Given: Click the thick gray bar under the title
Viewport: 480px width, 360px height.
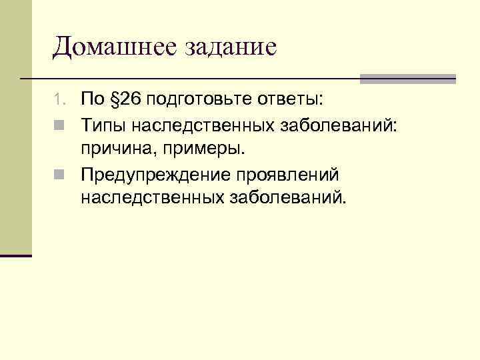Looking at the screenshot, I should pos(407,79).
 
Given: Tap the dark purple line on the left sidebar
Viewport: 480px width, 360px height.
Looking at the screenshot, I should pos(16,255).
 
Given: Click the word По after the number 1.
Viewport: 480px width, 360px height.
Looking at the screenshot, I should pos(91,101).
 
